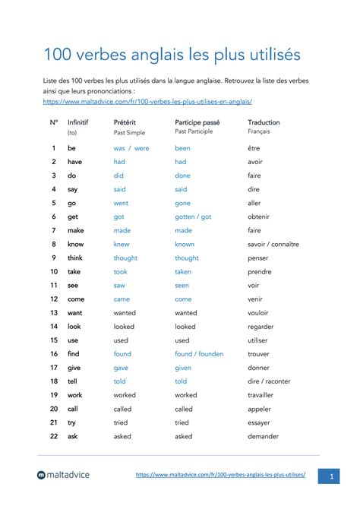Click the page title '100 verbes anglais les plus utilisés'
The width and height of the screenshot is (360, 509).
coord(172,55)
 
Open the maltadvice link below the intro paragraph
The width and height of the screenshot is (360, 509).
coord(147,101)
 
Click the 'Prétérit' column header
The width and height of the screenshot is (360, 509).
coord(125,122)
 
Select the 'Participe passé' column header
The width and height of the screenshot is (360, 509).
coord(197,122)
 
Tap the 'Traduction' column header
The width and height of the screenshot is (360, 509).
coord(264,122)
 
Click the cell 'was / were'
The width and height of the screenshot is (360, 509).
coord(131,148)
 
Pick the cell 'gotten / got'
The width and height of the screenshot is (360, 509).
coord(193,217)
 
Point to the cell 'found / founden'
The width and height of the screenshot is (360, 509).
coord(200,354)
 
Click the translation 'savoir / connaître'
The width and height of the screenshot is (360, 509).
coord(273,244)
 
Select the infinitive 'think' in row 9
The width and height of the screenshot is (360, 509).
coord(76,258)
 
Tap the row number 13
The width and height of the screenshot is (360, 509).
coord(54,312)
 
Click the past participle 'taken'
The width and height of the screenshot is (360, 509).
coord(183,271)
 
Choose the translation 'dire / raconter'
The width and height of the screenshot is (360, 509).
coord(270,381)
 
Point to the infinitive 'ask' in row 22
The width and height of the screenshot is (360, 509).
coord(73,436)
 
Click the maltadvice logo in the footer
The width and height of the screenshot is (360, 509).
coord(63,475)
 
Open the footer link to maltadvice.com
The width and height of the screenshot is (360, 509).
coord(221,474)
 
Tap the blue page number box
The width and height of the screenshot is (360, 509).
coord(331,475)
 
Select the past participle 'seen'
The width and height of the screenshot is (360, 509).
coord(182,285)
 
